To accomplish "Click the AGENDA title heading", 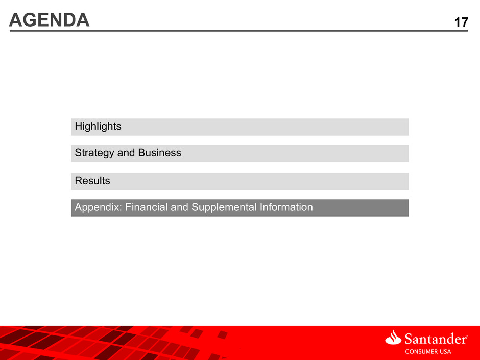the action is (50, 20).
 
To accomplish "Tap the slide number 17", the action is (461, 22).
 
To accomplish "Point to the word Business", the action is (159, 153).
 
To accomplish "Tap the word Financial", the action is (147, 207).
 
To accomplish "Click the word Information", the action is (286, 207).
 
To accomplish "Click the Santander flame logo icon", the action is (393, 338).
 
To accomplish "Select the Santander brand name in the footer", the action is (435, 339).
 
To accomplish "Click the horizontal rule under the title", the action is (238, 31).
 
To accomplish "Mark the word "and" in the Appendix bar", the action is (179, 207).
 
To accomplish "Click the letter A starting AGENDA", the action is (16, 20).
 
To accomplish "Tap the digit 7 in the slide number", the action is (464, 22).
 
